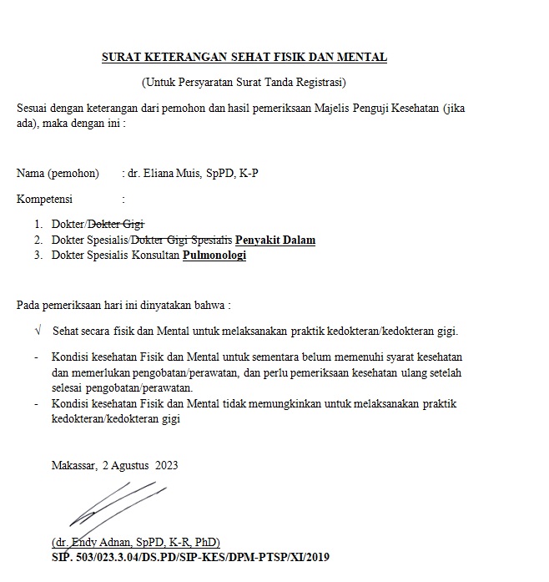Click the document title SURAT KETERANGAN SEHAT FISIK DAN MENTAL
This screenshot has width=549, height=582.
[x=244, y=58]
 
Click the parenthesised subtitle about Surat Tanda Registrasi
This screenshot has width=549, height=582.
[x=244, y=82]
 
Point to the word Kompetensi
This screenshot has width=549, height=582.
[x=44, y=200]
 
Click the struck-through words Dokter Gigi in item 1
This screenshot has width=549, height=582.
[x=117, y=224]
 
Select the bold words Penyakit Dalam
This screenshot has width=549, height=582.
[x=275, y=240]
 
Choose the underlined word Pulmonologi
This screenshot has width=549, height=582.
[x=214, y=256]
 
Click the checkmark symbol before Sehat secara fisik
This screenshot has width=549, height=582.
[x=38, y=331]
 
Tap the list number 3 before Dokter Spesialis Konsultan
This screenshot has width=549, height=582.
[x=38, y=256]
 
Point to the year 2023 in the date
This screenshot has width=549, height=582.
[x=167, y=465]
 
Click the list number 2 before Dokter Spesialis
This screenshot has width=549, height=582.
[x=38, y=240]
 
